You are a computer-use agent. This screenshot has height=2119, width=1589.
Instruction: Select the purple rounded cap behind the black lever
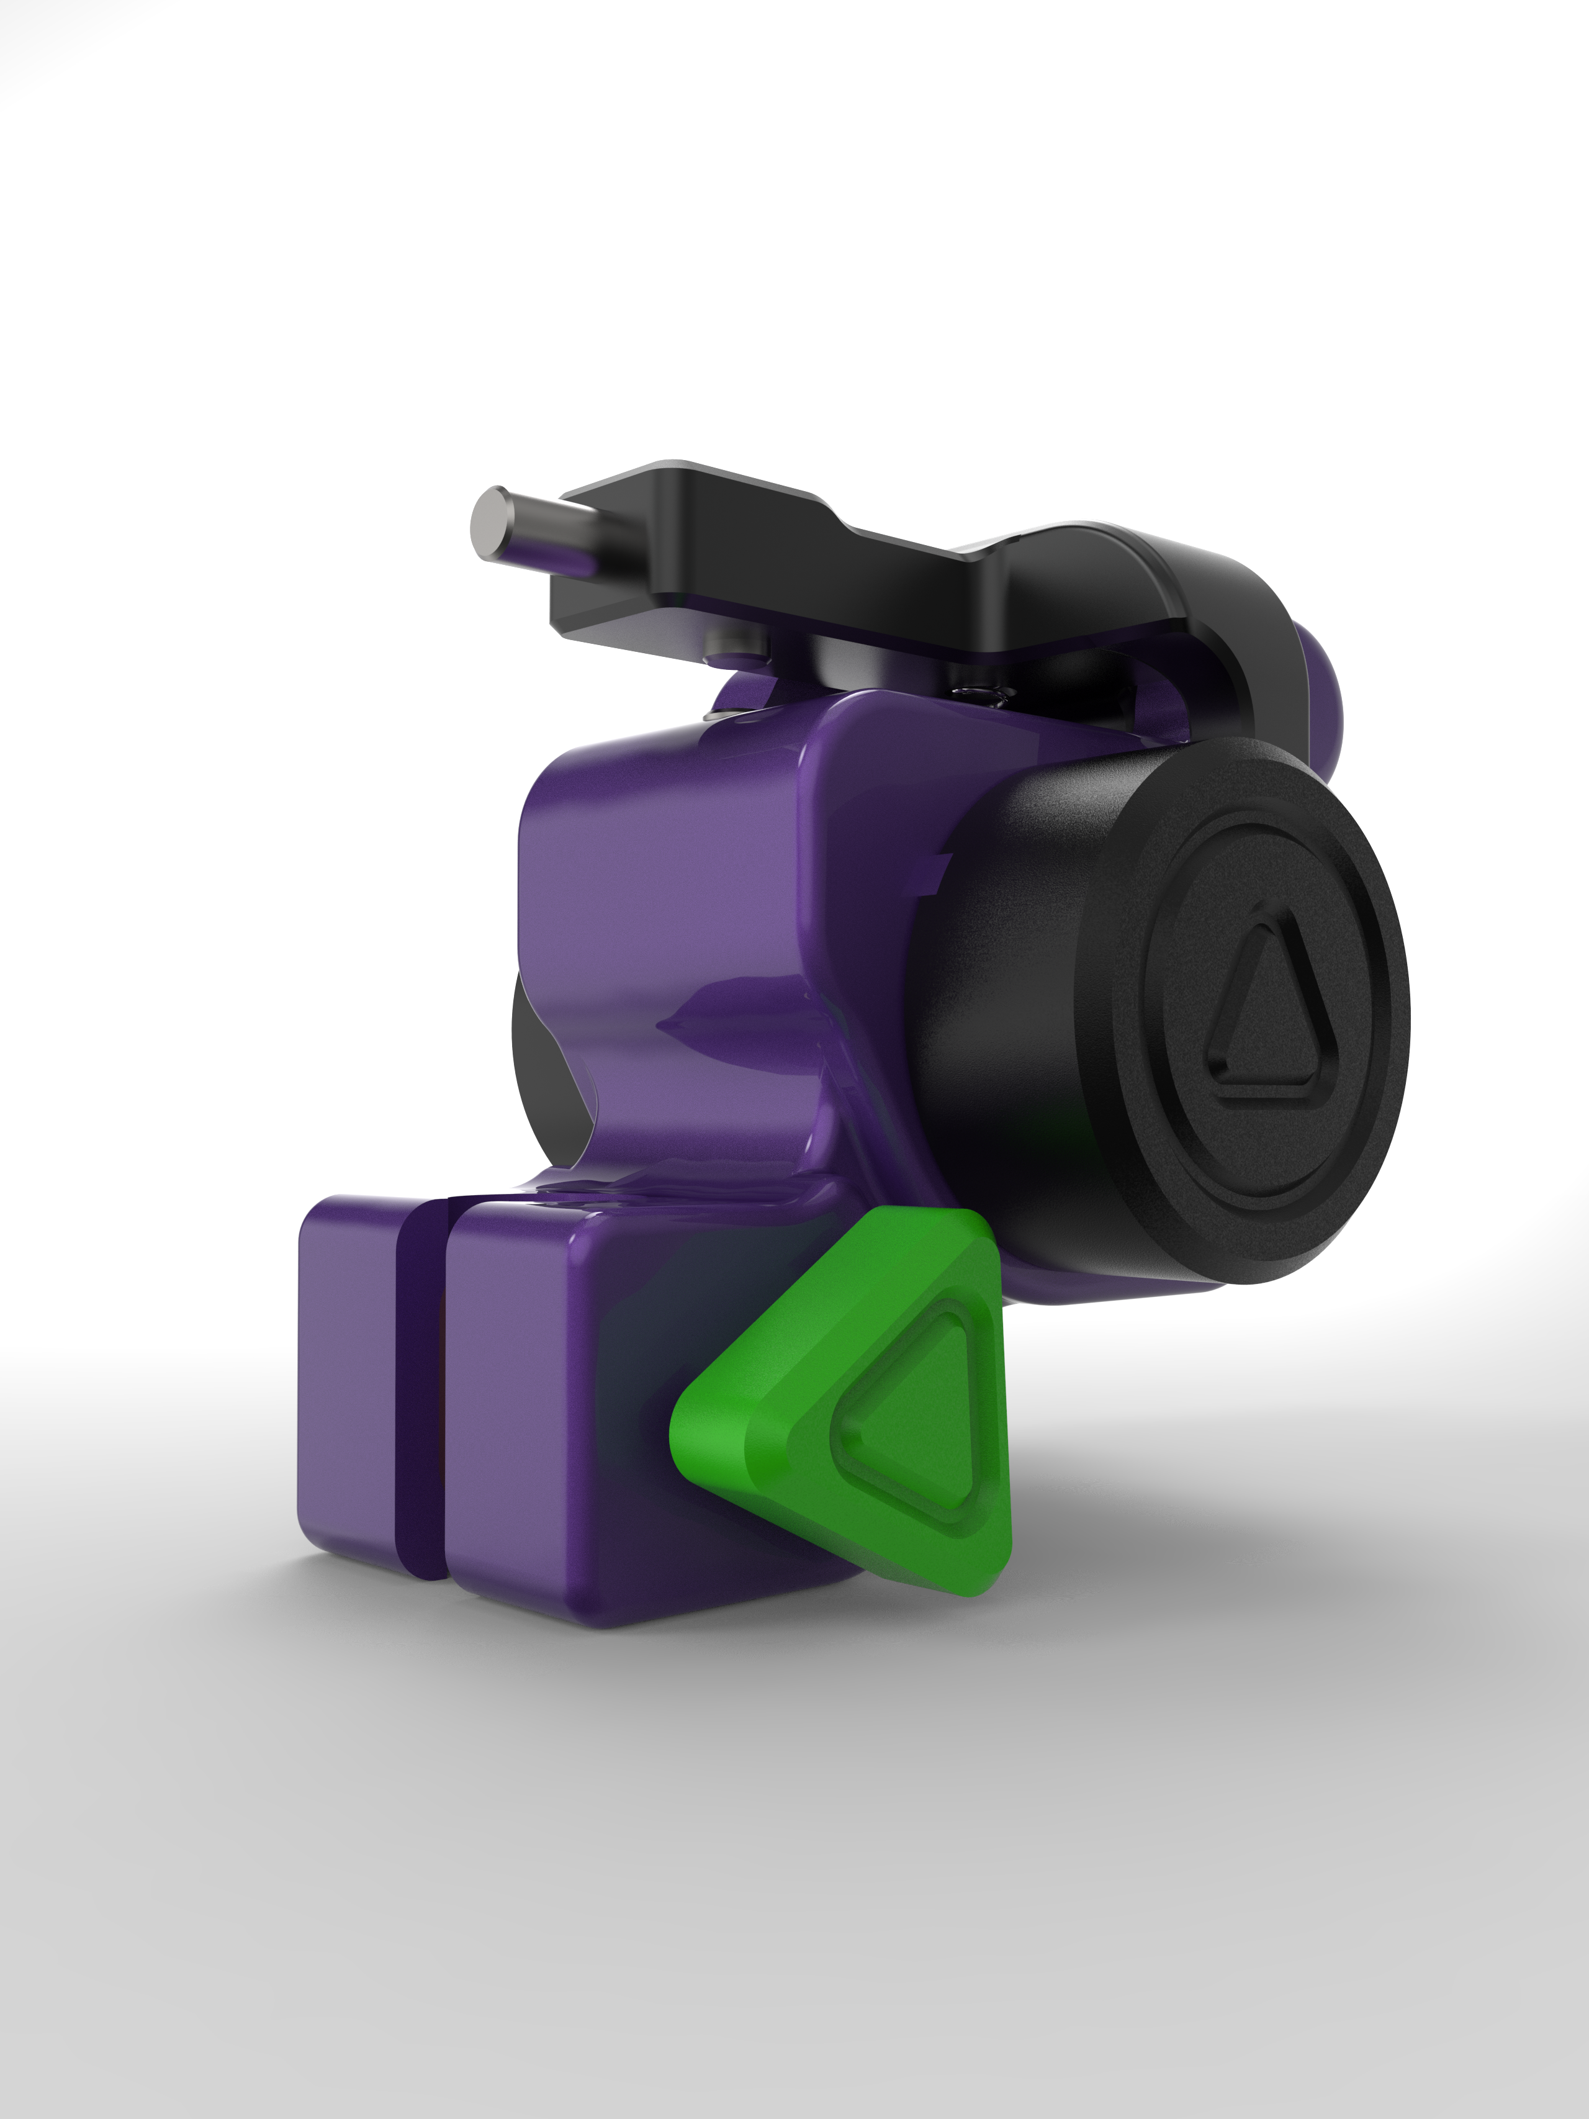(1317, 699)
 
